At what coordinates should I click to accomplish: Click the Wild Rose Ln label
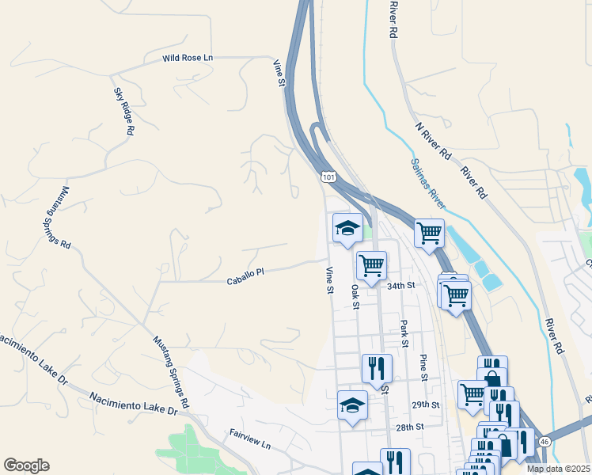tap(188, 58)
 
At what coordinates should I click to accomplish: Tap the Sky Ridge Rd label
tap(122, 111)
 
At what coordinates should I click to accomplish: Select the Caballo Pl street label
tap(245, 281)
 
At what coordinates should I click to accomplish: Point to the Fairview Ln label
tap(250, 440)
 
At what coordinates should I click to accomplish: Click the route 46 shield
tap(545, 441)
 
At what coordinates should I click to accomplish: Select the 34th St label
tap(401, 285)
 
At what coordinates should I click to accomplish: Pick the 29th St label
tap(424, 405)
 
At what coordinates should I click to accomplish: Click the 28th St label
tap(409, 427)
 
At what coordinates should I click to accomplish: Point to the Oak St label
tap(355, 297)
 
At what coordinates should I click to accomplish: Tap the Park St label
tap(404, 332)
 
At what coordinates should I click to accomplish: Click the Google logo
tap(26, 465)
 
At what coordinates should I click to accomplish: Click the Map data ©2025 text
tap(558, 469)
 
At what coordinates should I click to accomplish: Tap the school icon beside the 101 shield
tap(347, 229)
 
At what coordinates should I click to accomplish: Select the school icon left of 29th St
tap(352, 406)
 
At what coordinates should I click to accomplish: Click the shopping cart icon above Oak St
tap(370, 265)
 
